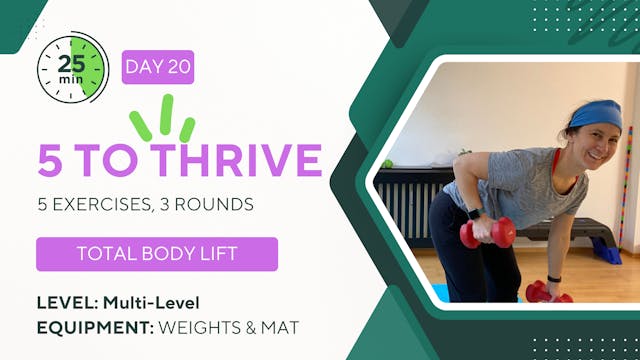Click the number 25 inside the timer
coord(73,59)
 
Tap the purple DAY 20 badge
coord(157,68)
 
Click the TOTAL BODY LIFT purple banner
coord(157,253)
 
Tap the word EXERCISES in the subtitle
coord(105,205)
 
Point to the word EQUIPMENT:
coord(93,328)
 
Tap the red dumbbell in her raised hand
coord(487,233)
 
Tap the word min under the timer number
coord(72,78)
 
